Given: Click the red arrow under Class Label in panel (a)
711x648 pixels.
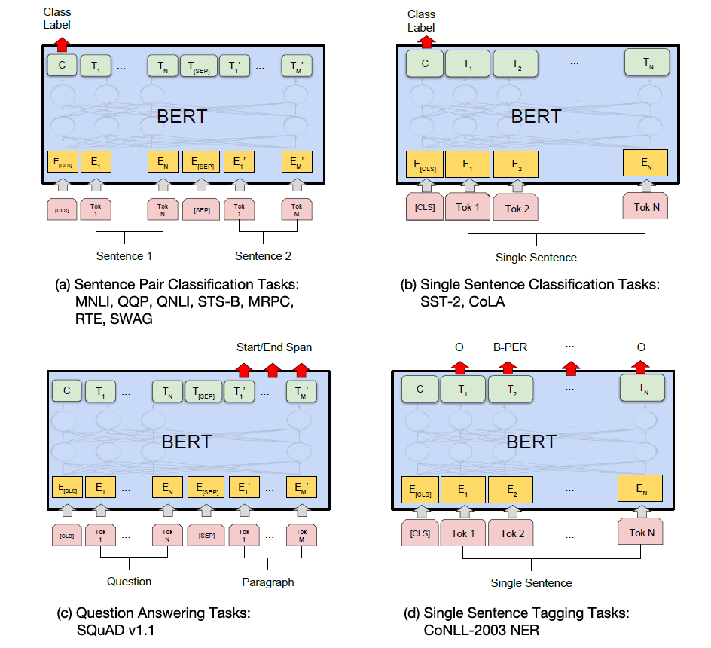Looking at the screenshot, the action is (62, 44).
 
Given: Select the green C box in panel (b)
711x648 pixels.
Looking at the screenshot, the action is (425, 63).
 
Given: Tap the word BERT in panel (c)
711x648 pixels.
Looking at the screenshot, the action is (187, 442).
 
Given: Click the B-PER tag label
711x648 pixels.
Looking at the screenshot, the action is (510, 347).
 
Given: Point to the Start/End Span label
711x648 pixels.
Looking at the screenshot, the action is (274, 347).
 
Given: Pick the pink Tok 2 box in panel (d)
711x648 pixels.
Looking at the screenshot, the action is (512, 533).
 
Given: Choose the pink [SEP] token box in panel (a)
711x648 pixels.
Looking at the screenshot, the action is (201, 210).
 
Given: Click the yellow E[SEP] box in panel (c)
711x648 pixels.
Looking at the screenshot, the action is (206, 488).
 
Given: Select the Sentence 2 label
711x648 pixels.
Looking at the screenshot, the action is (263, 256).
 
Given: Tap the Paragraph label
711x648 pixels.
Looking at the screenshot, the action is (268, 582).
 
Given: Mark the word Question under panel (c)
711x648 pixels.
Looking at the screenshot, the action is (130, 582).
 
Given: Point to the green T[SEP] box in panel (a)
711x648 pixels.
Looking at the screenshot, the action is (199, 66).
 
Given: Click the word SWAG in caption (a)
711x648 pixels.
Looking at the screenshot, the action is (131, 319).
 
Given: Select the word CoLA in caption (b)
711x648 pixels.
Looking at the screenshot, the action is (487, 301).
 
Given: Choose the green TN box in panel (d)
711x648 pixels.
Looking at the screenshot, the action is (642, 388).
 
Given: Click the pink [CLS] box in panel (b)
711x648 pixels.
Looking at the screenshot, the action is (425, 207).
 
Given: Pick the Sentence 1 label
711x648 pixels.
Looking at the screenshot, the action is (124, 256).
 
